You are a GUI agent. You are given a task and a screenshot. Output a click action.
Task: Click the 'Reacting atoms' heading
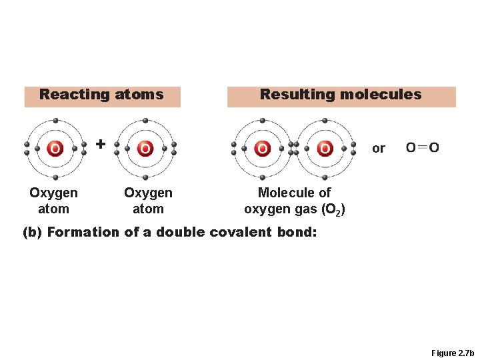click(x=101, y=95)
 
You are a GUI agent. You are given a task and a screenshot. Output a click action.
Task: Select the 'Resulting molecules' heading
click(x=341, y=95)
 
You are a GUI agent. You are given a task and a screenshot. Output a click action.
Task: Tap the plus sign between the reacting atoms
click(x=100, y=143)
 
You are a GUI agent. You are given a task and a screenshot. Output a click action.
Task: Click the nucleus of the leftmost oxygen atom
click(x=55, y=148)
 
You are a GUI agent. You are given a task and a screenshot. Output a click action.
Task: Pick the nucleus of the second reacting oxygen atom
click(x=145, y=148)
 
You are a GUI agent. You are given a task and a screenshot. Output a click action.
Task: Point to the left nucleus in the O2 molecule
click(x=263, y=148)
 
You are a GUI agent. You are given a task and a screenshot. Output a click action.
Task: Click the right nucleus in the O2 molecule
click(x=325, y=148)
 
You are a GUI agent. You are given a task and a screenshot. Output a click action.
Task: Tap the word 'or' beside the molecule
click(x=379, y=148)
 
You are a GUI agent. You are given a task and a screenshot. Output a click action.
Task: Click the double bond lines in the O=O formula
click(x=423, y=147)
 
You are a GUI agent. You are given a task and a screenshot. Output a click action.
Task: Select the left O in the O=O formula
click(x=411, y=147)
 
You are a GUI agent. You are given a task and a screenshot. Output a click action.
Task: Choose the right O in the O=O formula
click(x=434, y=147)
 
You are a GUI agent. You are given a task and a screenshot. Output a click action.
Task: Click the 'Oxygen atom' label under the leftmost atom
click(x=53, y=201)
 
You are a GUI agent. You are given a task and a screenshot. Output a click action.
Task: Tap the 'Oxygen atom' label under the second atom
click(x=148, y=201)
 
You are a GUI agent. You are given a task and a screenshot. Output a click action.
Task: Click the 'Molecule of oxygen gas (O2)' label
click(x=294, y=201)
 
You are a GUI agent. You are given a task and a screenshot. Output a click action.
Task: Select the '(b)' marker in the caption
click(x=32, y=233)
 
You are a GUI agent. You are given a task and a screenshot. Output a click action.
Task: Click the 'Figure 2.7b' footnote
click(x=452, y=353)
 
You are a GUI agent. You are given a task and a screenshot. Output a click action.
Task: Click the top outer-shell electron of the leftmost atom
click(x=55, y=121)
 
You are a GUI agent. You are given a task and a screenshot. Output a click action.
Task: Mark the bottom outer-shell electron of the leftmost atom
click(x=55, y=177)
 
